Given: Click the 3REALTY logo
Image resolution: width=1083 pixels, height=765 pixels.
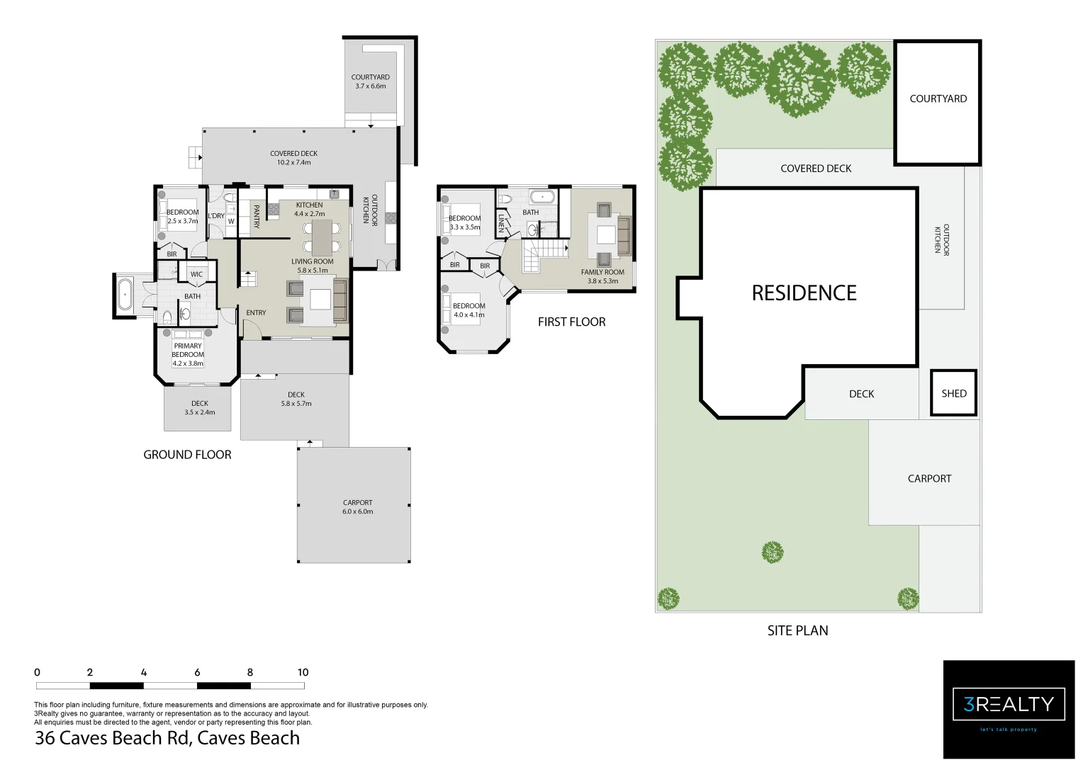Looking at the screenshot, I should [x=1009, y=705].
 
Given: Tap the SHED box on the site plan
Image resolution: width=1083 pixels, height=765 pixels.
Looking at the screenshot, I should [x=953, y=394].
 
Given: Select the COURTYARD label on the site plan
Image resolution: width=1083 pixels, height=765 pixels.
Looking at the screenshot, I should [x=938, y=99].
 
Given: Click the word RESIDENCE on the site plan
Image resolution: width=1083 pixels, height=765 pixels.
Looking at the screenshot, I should [x=804, y=293].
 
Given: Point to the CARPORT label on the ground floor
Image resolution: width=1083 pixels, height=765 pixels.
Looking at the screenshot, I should [x=357, y=503].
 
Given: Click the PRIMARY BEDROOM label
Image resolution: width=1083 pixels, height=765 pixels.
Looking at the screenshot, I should [x=188, y=351].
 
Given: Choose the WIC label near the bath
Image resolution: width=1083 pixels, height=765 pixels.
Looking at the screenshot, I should [x=196, y=274].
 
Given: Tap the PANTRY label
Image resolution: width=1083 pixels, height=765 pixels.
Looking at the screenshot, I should [x=257, y=217].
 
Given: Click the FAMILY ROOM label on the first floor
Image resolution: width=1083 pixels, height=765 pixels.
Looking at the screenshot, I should [x=602, y=272].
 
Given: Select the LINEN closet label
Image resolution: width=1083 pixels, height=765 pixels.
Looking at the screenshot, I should [x=501, y=223].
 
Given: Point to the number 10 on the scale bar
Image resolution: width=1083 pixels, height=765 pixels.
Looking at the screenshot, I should [x=303, y=672].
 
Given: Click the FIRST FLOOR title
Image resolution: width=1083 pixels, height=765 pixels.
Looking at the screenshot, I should [x=571, y=322].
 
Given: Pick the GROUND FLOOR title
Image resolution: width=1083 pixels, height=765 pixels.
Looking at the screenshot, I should [x=187, y=455].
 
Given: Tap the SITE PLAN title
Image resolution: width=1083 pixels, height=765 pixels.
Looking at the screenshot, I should [x=797, y=630].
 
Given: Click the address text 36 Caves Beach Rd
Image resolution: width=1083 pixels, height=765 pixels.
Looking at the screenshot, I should [x=167, y=738].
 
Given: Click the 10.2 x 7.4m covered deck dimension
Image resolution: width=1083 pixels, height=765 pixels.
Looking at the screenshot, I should [x=293, y=163].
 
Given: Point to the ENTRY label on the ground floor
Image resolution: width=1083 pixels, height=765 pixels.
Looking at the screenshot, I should [x=256, y=313].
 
